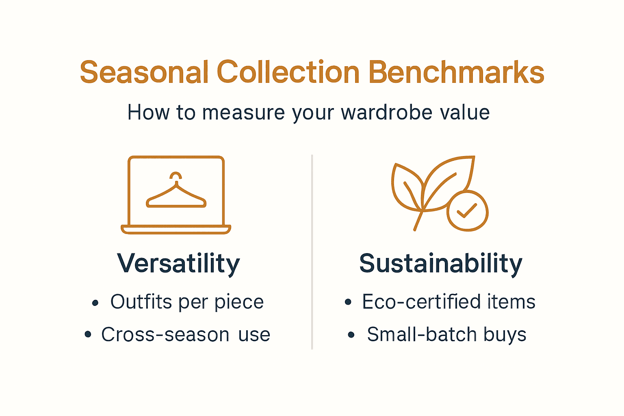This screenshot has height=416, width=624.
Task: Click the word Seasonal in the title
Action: [x=144, y=73]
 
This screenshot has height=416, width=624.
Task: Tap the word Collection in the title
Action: [x=288, y=73]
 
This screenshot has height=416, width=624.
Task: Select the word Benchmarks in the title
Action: [x=456, y=73]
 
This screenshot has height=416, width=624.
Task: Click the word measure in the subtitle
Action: [x=243, y=113]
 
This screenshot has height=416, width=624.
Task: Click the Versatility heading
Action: [x=178, y=264]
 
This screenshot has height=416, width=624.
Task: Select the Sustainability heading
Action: [x=441, y=264]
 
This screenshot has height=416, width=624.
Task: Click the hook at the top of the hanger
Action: [x=176, y=175]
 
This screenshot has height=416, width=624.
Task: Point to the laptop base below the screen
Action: [x=176, y=230]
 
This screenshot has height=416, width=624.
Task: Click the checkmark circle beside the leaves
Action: [x=467, y=211]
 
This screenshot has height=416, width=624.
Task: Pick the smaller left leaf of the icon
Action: [x=406, y=187]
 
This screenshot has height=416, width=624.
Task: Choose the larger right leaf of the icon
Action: [x=449, y=179]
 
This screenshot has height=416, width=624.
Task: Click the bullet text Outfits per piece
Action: [x=187, y=302]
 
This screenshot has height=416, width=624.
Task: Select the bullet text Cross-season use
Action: [x=186, y=335]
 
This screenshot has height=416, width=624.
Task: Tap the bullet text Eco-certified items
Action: [x=448, y=302]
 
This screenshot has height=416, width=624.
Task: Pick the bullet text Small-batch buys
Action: [x=446, y=335]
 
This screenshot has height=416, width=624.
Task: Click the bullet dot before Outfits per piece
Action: [x=95, y=303]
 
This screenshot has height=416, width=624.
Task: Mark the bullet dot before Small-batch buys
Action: [x=351, y=336]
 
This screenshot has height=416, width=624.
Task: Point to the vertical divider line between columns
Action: [x=312, y=252]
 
